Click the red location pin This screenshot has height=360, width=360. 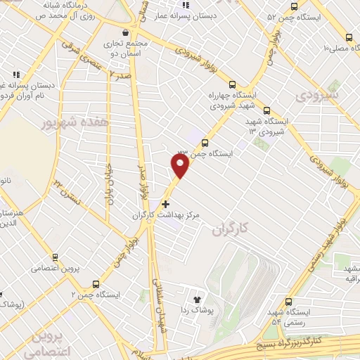click(180, 165)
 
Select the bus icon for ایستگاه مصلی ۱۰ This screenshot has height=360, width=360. click(349, 38)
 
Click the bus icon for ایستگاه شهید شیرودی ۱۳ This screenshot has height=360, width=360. click(266, 110)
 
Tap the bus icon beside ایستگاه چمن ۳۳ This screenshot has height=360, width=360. click(205, 143)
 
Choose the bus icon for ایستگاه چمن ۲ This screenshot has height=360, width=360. click(95, 284)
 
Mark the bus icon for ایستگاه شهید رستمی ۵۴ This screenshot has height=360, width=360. click(289, 301)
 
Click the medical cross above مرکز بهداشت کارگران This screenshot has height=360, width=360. click(165, 204)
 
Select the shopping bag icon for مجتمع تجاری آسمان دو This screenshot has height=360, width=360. click(125, 32)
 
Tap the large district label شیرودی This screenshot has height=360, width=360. click(317, 93)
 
